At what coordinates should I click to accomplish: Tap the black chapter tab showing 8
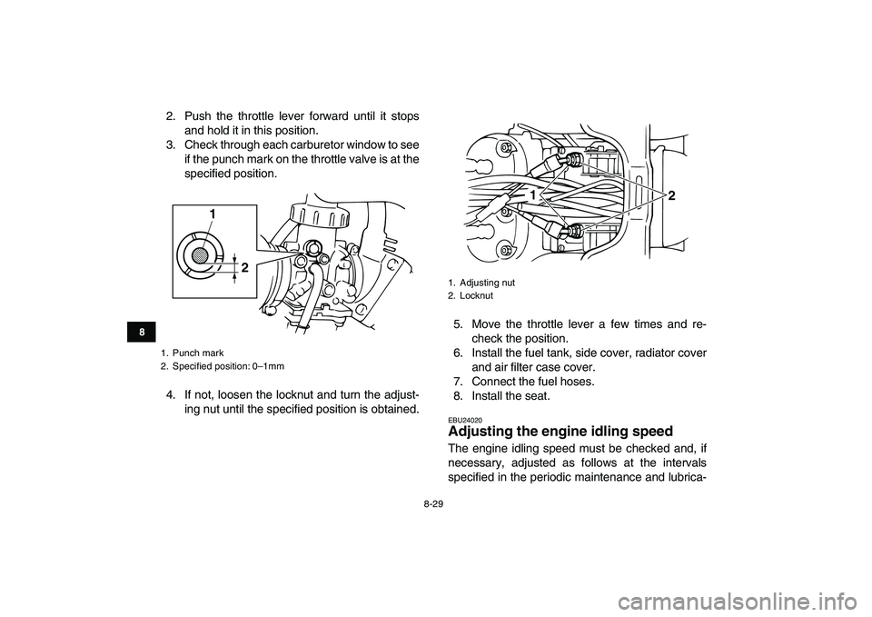(142, 333)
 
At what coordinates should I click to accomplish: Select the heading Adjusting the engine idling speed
(560, 432)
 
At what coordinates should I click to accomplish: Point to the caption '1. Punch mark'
(192, 353)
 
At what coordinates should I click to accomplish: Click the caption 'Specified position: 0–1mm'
(228, 366)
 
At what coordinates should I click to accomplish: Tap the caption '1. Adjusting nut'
(481, 283)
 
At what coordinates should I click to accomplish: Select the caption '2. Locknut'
(471, 296)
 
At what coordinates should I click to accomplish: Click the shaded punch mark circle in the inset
(200, 255)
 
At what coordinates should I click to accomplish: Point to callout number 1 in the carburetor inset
(213, 214)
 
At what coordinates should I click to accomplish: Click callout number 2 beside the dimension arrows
(244, 267)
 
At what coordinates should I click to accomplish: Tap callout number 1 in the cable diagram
(533, 196)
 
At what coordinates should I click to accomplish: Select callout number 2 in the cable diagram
(672, 195)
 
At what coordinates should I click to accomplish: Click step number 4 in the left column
(171, 395)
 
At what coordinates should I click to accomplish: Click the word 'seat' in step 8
(538, 396)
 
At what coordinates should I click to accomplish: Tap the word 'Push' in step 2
(196, 116)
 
